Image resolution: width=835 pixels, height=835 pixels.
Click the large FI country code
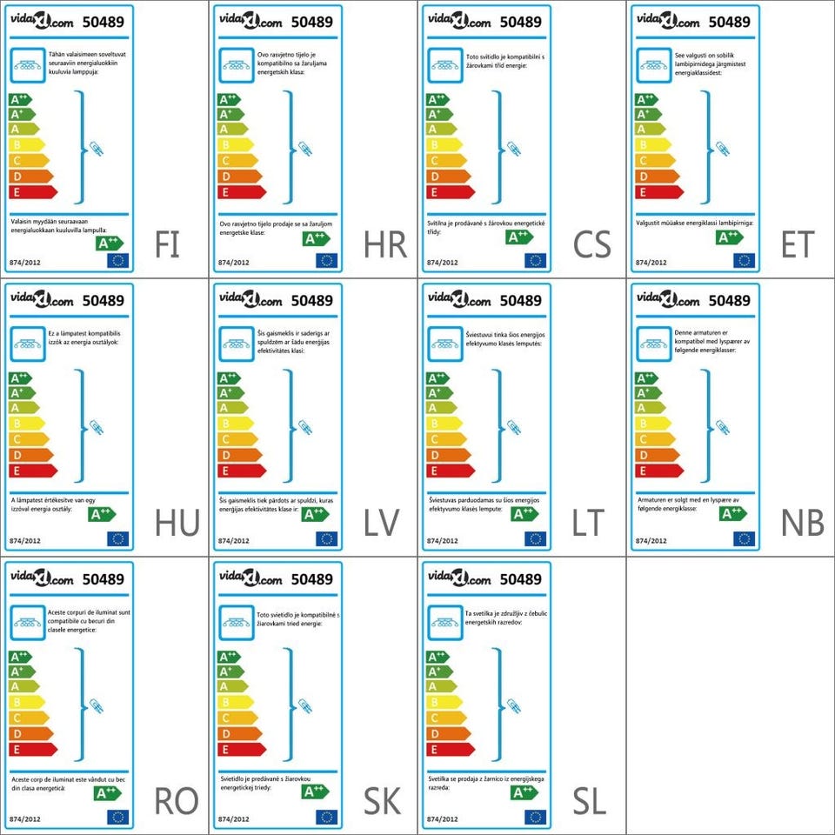(x=167, y=244)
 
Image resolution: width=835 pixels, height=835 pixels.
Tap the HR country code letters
(x=385, y=244)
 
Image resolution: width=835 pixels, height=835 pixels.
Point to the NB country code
(x=802, y=523)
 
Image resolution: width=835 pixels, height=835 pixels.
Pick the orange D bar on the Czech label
(x=448, y=176)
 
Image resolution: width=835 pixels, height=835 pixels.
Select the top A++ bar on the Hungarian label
(x=19, y=378)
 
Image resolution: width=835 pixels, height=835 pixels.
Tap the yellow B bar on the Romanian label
(x=26, y=702)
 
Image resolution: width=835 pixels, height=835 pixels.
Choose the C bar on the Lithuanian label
(x=445, y=439)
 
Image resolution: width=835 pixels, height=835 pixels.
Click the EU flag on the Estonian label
(x=744, y=260)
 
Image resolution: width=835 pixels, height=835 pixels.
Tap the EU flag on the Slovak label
(x=326, y=817)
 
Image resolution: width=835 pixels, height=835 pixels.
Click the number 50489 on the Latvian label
(x=312, y=301)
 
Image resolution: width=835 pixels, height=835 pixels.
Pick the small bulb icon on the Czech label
(x=513, y=149)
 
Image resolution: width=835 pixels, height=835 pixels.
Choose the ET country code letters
(x=797, y=244)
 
